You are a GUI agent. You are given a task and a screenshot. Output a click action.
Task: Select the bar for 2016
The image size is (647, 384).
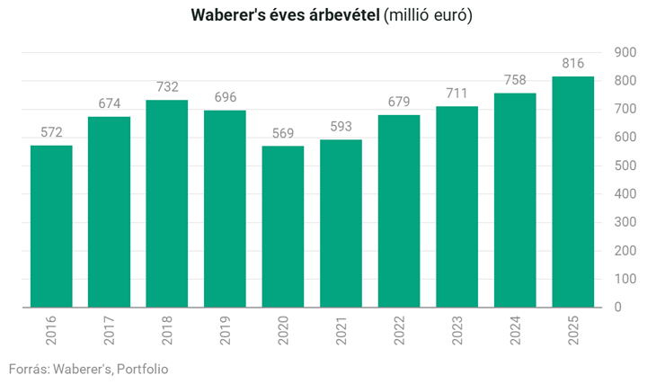[x=51, y=227]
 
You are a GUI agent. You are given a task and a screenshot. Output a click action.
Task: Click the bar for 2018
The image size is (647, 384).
[x=167, y=204]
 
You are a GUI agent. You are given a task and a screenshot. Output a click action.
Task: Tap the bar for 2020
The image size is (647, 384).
[x=283, y=227]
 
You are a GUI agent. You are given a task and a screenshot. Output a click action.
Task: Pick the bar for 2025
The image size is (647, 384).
[x=572, y=192]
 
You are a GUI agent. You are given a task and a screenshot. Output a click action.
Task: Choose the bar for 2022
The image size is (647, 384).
[x=399, y=211]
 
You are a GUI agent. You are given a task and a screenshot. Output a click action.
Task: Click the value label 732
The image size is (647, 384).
[x=167, y=87]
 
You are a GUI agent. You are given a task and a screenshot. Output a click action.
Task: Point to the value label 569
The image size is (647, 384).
[x=283, y=133]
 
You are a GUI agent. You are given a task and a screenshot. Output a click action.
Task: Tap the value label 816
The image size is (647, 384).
[x=572, y=63]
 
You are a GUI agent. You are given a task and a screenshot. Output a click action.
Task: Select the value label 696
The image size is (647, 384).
[x=225, y=97]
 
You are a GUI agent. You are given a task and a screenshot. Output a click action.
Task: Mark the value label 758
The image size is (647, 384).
[x=515, y=80]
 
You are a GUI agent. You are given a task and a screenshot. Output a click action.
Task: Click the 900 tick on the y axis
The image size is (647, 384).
[x=624, y=52]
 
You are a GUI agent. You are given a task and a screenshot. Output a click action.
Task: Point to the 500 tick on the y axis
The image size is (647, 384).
[x=624, y=165]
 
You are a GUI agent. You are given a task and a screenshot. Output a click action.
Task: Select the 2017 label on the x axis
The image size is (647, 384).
[x=110, y=335]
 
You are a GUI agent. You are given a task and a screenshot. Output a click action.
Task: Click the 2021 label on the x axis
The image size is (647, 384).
[x=341, y=335]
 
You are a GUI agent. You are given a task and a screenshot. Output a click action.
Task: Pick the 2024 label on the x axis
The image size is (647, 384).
[x=515, y=335]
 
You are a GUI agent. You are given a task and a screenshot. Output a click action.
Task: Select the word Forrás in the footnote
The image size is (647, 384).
[x=29, y=369]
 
